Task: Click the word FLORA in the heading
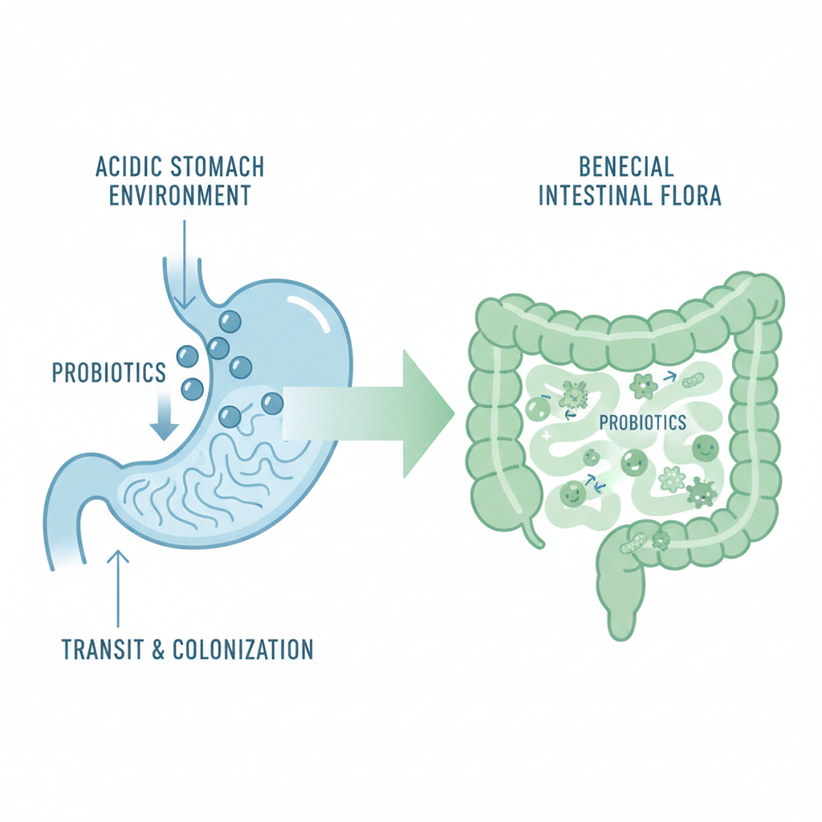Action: [687, 195]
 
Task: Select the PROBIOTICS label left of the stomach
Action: [108, 372]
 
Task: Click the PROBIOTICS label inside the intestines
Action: [642, 422]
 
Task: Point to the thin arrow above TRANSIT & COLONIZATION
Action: [118, 586]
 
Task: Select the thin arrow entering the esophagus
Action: [184, 265]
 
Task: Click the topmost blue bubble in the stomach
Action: [230, 321]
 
